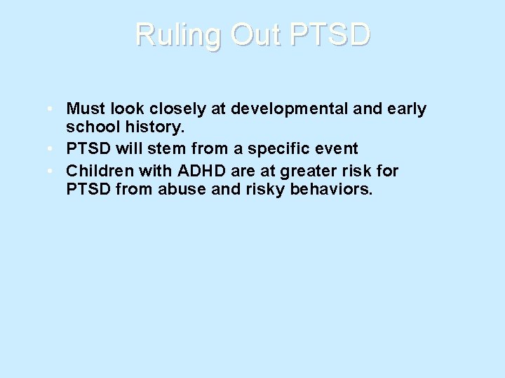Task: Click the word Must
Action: pos(85,109)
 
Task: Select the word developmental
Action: pos(292,109)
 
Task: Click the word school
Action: pos(90,129)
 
